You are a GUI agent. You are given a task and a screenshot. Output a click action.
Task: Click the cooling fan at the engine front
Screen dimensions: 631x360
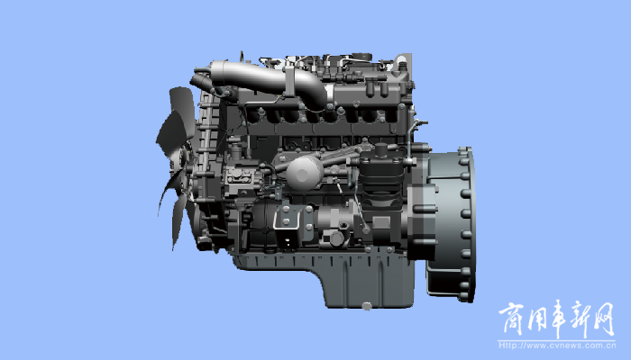[177, 161]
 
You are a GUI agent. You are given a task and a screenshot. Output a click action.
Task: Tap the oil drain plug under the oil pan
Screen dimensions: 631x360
[366, 306]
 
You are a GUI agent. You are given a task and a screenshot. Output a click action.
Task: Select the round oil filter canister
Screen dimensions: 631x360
[305, 173]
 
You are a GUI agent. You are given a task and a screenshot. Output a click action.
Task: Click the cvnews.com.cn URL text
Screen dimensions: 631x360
[557, 346]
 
